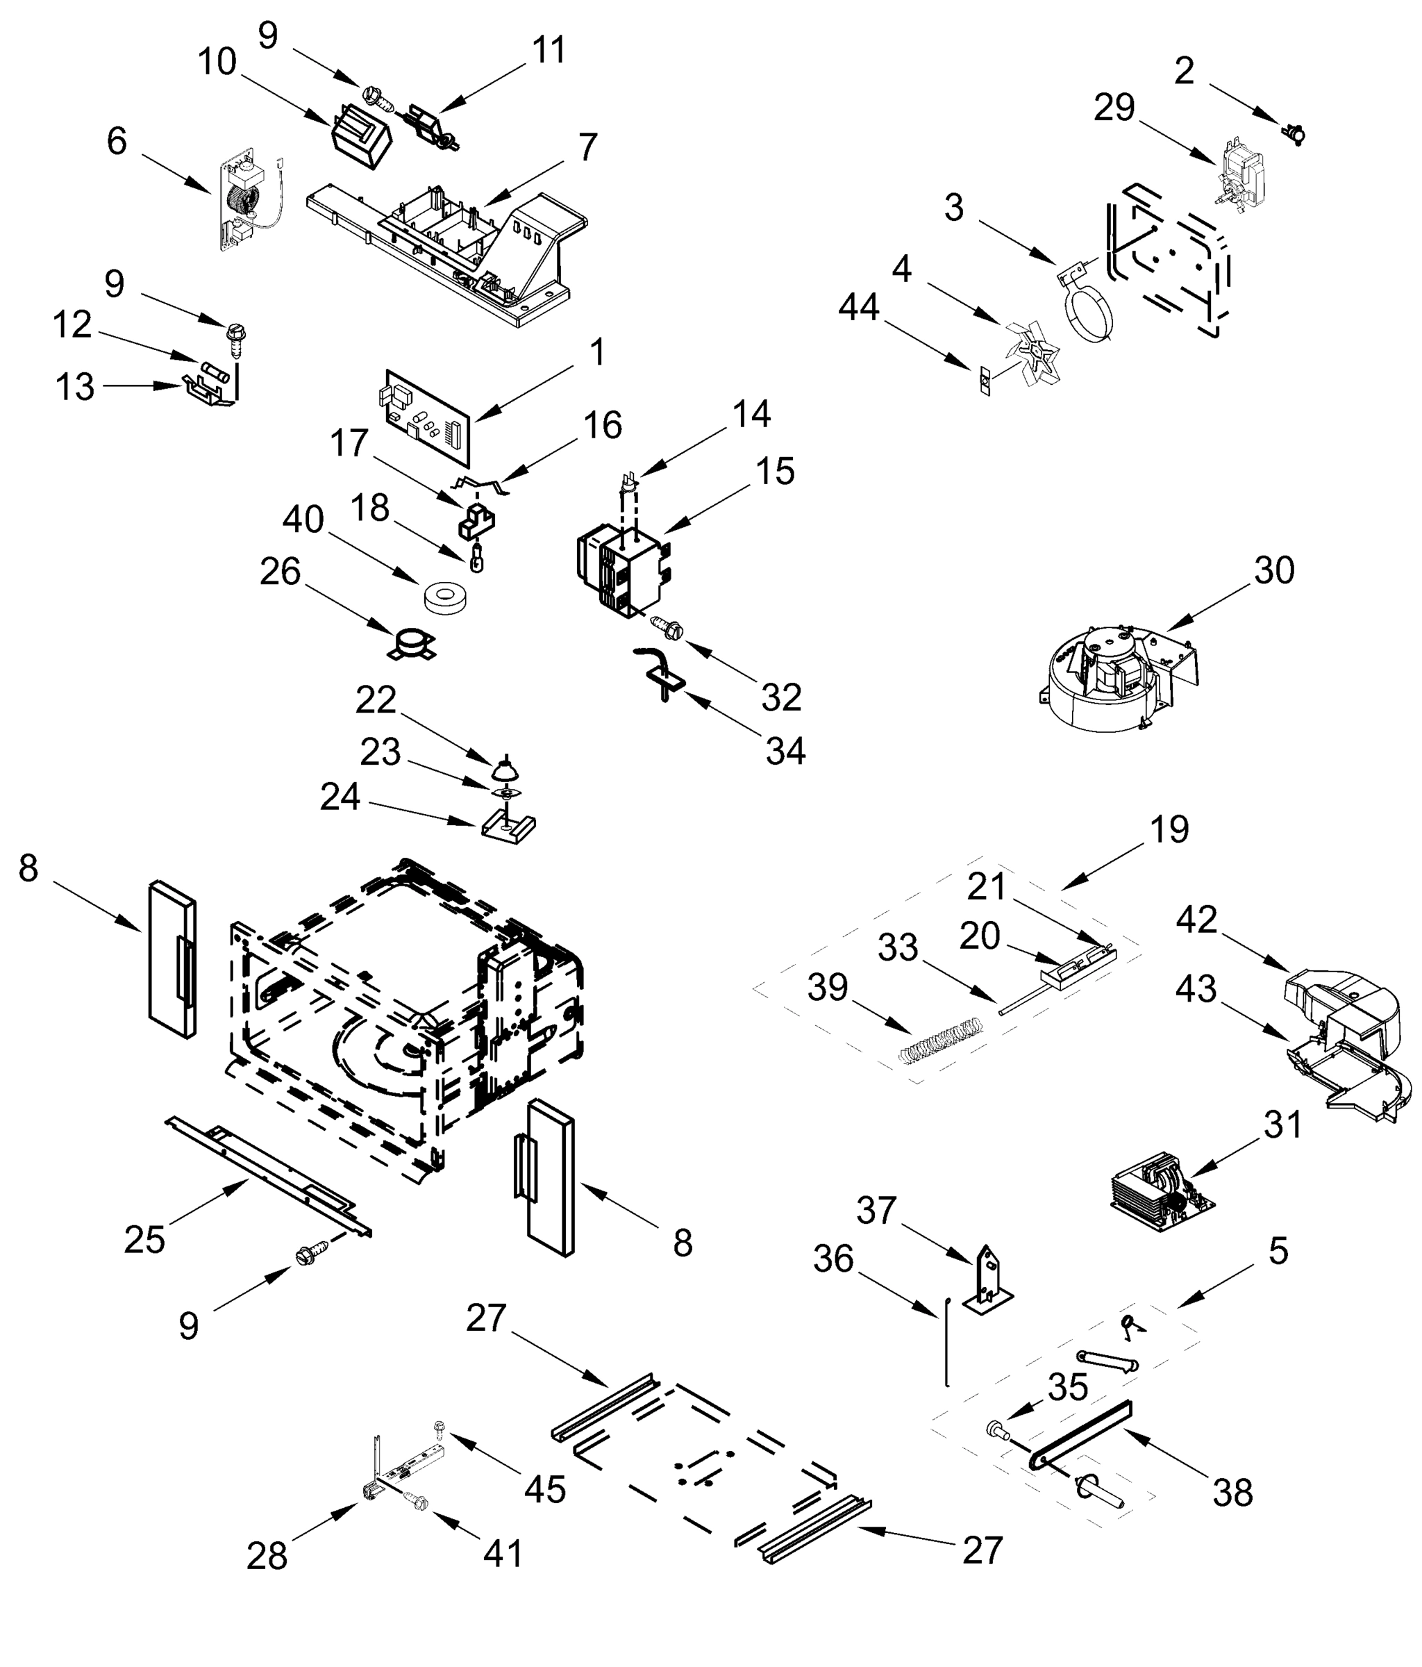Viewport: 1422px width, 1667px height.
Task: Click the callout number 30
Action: coord(1273,570)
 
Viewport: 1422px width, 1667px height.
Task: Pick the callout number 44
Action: coord(858,307)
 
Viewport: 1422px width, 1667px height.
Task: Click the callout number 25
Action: coord(145,1240)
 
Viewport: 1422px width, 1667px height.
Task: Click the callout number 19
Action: coord(1169,829)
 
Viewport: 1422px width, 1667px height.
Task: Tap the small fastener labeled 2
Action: coord(1294,133)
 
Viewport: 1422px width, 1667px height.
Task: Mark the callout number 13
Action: coord(75,387)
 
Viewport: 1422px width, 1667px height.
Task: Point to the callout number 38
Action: coord(1232,1493)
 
